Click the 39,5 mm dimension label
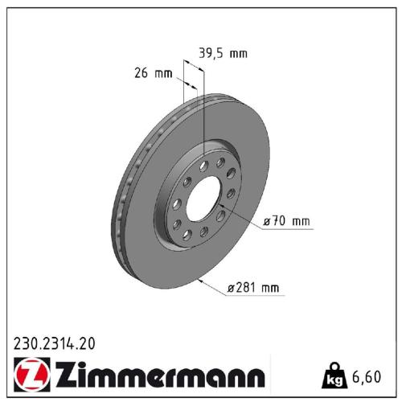point(223,54)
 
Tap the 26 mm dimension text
point(153,74)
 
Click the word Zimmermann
point(153,375)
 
